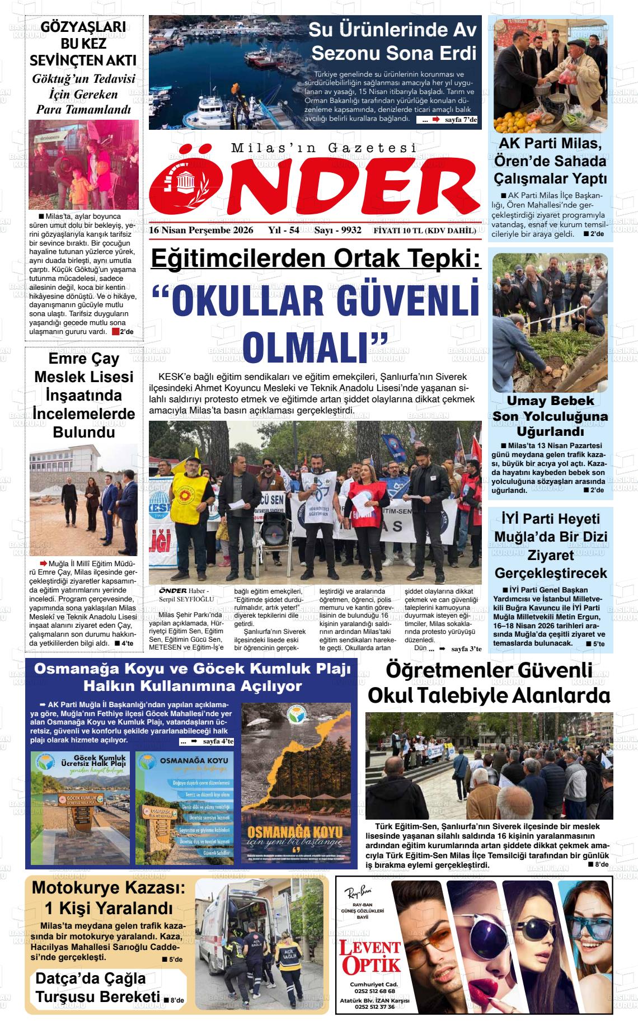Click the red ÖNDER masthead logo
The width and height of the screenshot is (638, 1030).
point(315,182)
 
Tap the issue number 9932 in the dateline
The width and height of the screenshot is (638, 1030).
point(351,231)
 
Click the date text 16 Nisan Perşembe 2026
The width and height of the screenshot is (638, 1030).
point(201,231)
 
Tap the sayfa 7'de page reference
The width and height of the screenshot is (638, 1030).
point(461,120)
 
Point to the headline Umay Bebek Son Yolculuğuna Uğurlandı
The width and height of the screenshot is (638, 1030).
point(550,416)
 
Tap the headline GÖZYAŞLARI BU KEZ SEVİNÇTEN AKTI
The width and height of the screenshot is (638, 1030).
point(83,44)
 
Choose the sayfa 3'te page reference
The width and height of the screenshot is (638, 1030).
point(466,648)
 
